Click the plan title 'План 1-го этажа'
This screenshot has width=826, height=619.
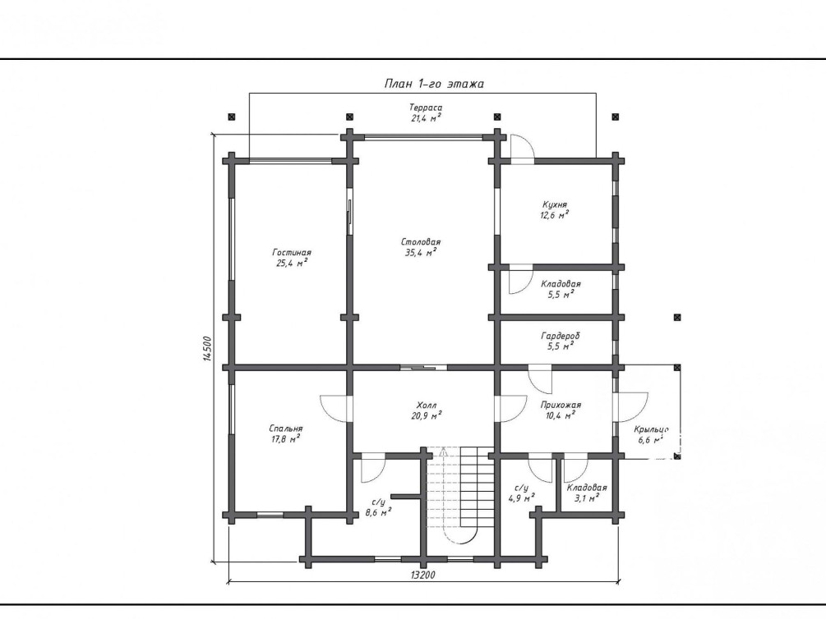[x=434, y=84]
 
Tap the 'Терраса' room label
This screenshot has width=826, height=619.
[x=427, y=108]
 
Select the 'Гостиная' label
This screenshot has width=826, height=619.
[x=292, y=252]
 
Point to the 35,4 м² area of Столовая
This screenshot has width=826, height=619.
[x=421, y=253]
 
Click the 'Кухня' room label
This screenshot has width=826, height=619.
[x=555, y=204]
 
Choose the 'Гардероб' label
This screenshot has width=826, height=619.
[x=560, y=336]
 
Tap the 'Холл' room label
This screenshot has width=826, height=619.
[x=427, y=406]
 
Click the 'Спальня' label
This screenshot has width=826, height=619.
[x=285, y=429]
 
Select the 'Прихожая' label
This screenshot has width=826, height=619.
[x=561, y=405]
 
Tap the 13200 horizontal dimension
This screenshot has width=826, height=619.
[x=422, y=575]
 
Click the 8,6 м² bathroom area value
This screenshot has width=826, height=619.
[x=378, y=512]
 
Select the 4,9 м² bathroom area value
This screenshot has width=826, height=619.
[x=522, y=498]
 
